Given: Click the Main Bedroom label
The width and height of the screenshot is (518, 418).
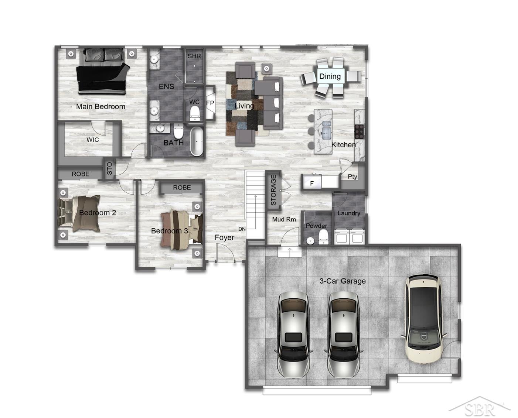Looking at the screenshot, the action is click(x=100, y=106).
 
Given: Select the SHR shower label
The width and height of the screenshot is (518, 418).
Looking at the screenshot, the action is click(x=194, y=56).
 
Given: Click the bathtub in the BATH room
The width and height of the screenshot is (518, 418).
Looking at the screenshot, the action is click(x=197, y=141).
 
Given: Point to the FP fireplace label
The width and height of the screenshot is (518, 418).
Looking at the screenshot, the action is click(x=210, y=103).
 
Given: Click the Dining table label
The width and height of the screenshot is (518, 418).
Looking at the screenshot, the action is click(x=330, y=76).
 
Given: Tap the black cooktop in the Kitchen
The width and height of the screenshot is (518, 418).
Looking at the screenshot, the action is click(x=359, y=131).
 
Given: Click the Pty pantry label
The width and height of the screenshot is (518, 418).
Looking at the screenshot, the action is click(x=352, y=177).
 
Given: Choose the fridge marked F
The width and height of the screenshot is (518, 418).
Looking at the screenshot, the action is click(x=311, y=182).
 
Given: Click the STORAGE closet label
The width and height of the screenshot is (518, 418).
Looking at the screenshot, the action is click(x=273, y=190).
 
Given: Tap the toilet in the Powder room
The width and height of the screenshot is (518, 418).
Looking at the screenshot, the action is click(x=323, y=237).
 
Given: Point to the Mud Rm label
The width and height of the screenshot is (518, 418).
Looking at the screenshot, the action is click(x=284, y=219).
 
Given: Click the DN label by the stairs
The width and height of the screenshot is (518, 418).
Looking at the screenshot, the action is click(x=242, y=229).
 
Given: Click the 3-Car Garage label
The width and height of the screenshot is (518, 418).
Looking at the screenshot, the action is click(x=343, y=281).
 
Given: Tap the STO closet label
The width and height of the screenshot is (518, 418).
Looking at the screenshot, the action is click(x=109, y=168).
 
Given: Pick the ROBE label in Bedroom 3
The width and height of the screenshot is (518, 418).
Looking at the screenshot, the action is click(x=182, y=188).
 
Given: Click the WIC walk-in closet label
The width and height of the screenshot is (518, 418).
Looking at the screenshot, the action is click(x=93, y=140).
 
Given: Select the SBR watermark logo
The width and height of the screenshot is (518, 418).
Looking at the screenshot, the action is click(x=480, y=407).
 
